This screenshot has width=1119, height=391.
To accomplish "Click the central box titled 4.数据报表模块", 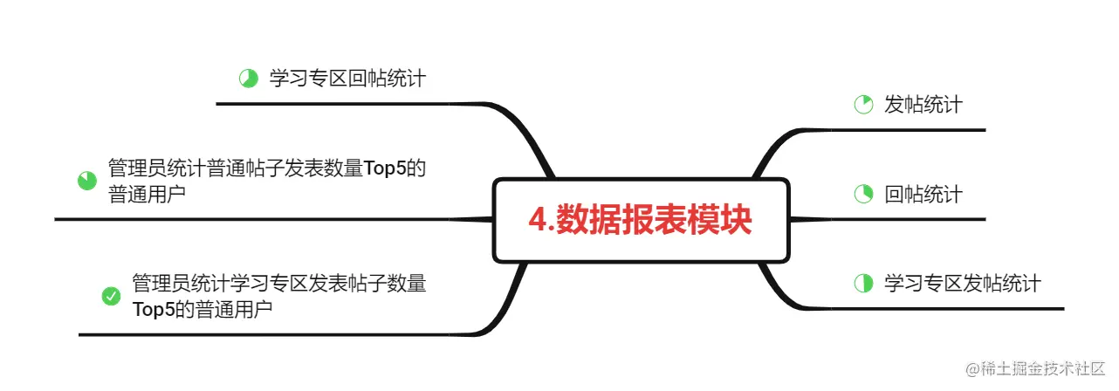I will pyautogui.click(x=641, y=220).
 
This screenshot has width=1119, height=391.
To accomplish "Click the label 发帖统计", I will pyautogui.click(x=923, y=105).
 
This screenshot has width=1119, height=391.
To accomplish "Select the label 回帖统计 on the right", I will pyautogui.click(x=923, y=194).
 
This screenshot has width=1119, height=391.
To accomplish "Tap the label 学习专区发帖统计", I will pyautogui.click(x=963, y=283).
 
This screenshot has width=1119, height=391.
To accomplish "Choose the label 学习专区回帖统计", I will pyautogui.click(x=347, y=79).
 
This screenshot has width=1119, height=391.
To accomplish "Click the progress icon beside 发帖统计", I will pyautogui.click(x=863, y=106).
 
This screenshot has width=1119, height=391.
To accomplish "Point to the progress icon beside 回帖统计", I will pyautogui.click(x=863, y=194).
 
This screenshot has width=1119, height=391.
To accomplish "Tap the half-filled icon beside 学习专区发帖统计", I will pyautogui.click(x=863, y=283).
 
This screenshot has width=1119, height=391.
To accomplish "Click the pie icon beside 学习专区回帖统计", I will pyautogui.click(x=248, y=79).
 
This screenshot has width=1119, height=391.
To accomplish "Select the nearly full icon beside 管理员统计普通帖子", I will pyautogui.click(x=86, y=181).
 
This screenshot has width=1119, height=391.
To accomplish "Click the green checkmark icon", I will pyautogui.click(x=111, y=297).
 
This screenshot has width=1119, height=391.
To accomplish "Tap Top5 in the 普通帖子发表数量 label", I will pyautogui.click(x=387, y=168).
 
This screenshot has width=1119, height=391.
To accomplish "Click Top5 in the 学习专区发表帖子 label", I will pyautogui.click(x=153, y=309).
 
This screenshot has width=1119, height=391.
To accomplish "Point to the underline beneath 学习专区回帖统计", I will pyautogui.click(x=349, y=103).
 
